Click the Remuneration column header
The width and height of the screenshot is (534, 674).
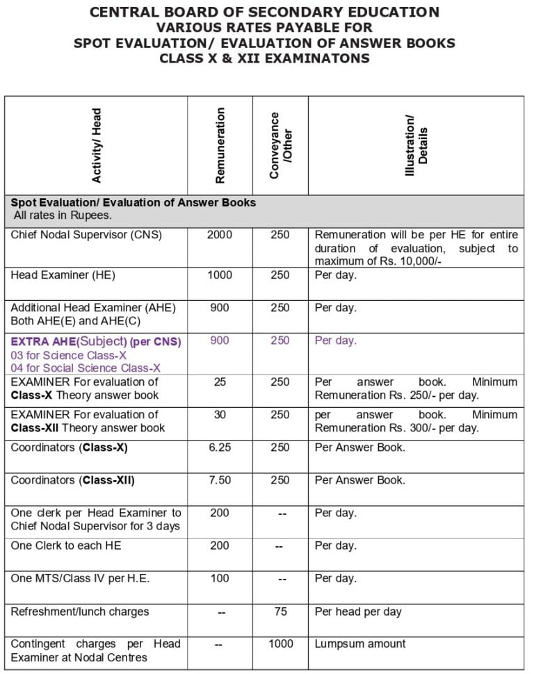pyautogui.click(x=220, y=145)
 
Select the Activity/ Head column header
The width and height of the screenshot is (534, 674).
pyautogui.click(x=97, y=145)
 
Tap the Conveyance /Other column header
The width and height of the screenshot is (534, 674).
pyautogui.click(x=281, y=145)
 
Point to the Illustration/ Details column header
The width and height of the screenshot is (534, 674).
pyautogui.click(x=416, y=145)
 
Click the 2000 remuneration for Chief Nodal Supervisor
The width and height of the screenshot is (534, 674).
pyautogui.click(x=220, y=235)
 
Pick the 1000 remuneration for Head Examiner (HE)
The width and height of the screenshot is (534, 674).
pyautogui.click(x=220, y=275)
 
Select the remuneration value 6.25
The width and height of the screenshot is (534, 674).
pyautogui.click(x=220, y=447)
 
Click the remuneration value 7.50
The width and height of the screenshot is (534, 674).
pyautogui.click(x=220, y=480)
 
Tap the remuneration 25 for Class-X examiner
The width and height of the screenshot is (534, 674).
pyautogui.click(x=220, y=381)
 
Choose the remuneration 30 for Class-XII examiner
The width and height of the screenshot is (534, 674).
pyautogui.click(x=220, y=415)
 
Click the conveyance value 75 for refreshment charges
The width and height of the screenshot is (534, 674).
pyautogui.click(x=280, y=611)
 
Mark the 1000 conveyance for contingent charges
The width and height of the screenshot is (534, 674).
pyautogui.click(x=280, y=644)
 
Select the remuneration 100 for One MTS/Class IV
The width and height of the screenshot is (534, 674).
pyautogui.click(x=220, y=578)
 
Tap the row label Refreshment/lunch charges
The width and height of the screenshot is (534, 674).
pyautogui.click(x=79, y=611)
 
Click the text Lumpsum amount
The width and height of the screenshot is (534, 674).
pyautogui.click(x=360, y=644)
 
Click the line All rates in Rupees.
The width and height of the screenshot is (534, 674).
pyautogui.click(x=63, y=216)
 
